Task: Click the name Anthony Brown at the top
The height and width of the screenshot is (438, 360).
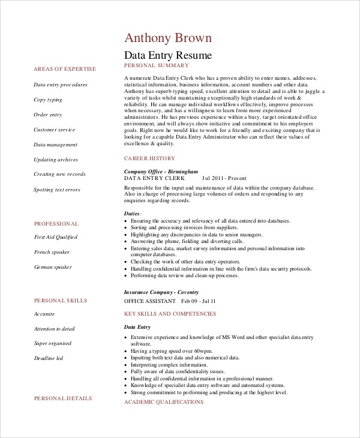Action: point(167,38)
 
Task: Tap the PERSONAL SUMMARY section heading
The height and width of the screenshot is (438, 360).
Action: point(156,65)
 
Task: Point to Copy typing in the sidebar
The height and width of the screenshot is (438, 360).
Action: point(48,100)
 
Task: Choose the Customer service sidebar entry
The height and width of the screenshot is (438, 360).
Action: point(55,130)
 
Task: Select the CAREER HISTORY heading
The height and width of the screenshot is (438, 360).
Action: point(149,158)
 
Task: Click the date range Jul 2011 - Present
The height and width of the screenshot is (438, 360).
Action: point(225,178)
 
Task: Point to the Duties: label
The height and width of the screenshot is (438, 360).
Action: point(133,213)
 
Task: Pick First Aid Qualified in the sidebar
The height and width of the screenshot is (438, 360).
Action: point(56,237)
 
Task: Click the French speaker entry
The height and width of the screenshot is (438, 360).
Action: point(52,252)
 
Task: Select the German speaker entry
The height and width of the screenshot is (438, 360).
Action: point(52,267)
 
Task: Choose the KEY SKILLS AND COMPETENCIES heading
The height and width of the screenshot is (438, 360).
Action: point(170,314)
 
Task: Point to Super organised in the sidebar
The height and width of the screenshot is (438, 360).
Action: point(53,343)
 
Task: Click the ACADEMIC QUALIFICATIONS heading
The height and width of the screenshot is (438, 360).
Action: point(163,401)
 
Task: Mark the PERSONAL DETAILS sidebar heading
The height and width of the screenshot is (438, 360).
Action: point(63,398)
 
